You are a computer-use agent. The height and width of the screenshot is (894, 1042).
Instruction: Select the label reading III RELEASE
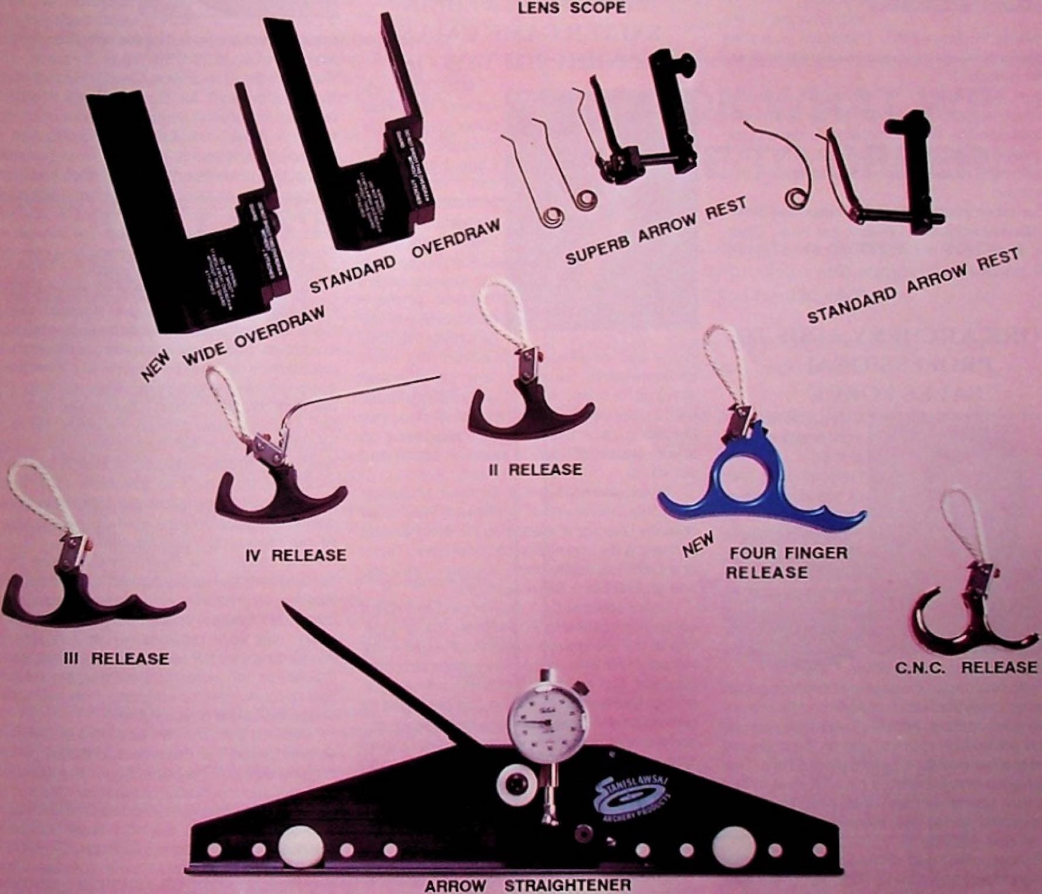[x=116, y=659]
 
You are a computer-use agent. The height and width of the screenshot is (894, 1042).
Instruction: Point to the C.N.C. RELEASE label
[x=966, y=667]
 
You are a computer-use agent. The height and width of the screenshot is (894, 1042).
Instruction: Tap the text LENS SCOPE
[x=563, y=8]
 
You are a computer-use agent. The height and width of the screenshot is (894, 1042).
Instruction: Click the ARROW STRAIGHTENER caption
[x=528, y=885]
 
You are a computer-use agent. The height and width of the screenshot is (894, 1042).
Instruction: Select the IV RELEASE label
[x=296, y=555]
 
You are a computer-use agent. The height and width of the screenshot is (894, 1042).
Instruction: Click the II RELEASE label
[x=536, y=470]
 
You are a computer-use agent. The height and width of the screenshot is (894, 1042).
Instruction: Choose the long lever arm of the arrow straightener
[x=375, y=673]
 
